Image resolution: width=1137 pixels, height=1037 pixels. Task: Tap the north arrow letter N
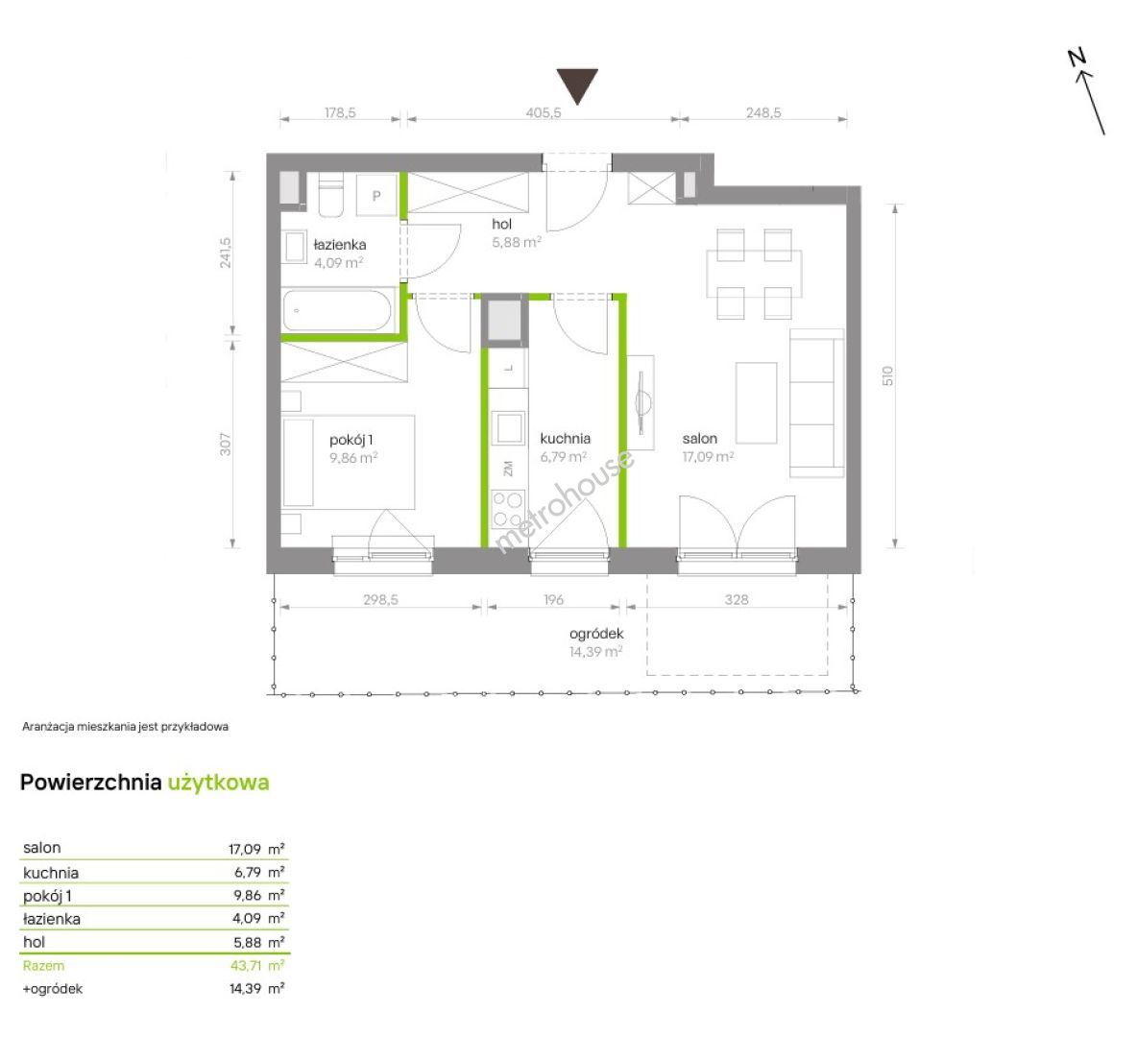(x=1077, y=58)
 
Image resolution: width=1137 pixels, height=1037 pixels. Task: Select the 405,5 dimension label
(x=544, y=112)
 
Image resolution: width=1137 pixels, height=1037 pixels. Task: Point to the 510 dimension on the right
(x=888, y=375)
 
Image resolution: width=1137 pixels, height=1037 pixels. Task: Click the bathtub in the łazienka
(x=337, y=311)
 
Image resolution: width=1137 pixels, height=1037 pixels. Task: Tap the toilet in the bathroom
(x=330, y=194)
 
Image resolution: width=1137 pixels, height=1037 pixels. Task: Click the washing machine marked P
(x=376, y=194)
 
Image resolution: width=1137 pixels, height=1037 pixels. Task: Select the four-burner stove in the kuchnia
(x=508, y=508)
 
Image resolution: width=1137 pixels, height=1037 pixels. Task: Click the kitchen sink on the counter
(x=508, y=427)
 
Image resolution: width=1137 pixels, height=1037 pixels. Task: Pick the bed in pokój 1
(x=348, y=462)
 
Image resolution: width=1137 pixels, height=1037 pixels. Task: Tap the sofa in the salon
(x=816, y=403)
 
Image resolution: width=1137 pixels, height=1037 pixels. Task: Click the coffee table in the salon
(x=757, y=403)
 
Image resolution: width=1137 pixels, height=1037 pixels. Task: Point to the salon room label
(x=700, y=439)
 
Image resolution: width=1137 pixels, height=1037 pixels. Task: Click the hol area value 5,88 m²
(x=517, y=242)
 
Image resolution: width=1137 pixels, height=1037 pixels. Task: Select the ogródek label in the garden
(x=596, y=634)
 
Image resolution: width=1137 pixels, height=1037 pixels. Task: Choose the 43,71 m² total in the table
(x=256, y=965)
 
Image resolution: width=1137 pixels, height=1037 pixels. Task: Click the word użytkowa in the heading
(x=218, y=783)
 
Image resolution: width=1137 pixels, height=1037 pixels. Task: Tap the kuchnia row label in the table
(x=51, y=873)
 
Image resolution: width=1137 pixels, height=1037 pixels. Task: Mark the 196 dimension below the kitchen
(x=553, y=600)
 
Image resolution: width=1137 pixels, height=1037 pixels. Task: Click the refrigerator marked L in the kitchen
(x=508, y=368)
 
